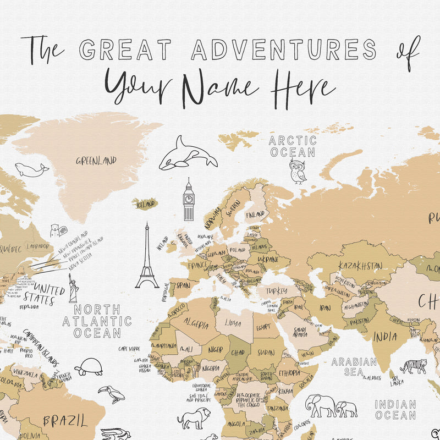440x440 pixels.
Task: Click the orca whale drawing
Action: [x=187, y=154]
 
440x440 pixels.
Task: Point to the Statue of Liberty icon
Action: [x=73, y=288]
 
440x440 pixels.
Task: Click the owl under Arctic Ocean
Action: [x=298, y=172]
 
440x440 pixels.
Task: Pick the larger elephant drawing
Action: [x=320, y=406]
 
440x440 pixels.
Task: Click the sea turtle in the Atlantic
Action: [x=89, y=367]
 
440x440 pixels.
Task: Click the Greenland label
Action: [x=96, y=161]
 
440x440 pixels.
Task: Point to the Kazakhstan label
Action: [x=360, y=266]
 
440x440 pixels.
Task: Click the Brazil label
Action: [x=65, y=421]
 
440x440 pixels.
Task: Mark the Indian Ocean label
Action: [x=395, y=409]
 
